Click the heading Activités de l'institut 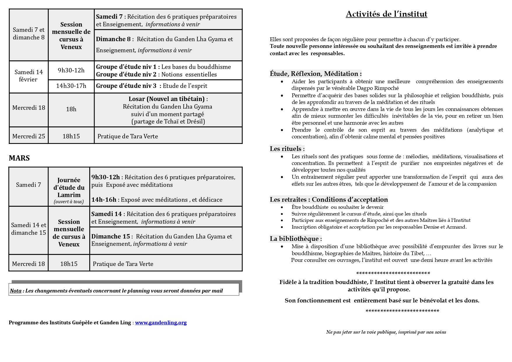tap(386, 14)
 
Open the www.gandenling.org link tap(161, 323)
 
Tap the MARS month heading tap(19, 158)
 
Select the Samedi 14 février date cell tap(29, 76)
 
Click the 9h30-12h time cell tap(71, 70)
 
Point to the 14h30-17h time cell tap(71, 86)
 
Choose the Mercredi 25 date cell tap(29, 136)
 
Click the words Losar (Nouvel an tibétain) tap(167, 99)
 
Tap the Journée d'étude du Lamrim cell tap(69, 187)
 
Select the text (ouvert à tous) tap(69, 202)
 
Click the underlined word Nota tap(16, 291)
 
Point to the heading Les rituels tap(287, 149)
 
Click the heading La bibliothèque tap(296, 239)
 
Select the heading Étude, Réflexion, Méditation tap(316, 74)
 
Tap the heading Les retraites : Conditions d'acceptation tap(329, 199)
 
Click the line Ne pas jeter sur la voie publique tap(386, 332)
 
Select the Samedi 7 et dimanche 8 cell tap(29, 34)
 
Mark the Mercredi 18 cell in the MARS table tap(29, 264)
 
